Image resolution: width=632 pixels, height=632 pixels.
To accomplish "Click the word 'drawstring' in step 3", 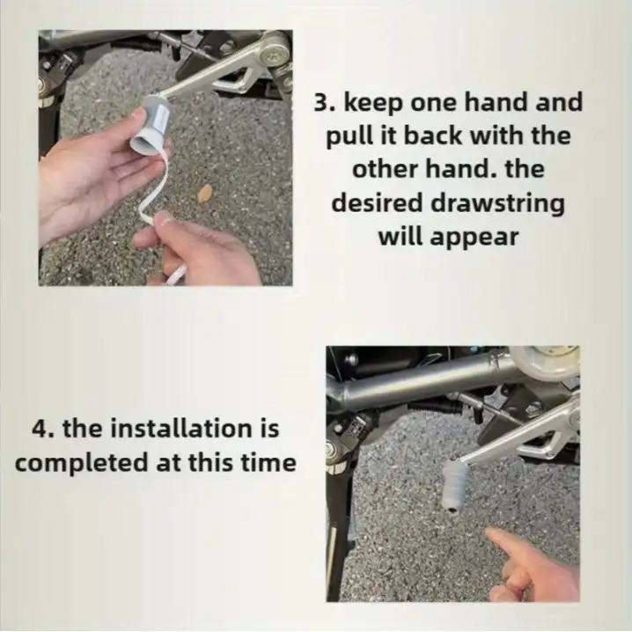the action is tap(497, 204).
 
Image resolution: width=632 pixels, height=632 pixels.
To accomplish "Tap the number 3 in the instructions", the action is tap(320, 103).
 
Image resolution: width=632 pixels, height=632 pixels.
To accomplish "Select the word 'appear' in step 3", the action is tap(474, 238).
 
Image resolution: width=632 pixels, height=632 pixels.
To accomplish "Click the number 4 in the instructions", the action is tap(40, 428).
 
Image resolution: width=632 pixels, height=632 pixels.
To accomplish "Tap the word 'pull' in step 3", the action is tap(350, 137).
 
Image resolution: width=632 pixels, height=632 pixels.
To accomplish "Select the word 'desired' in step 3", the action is tap(378, 203).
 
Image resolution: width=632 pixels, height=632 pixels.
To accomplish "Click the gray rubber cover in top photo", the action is tap(152, 124).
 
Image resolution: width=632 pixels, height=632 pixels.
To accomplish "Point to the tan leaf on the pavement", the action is tap(205, 192).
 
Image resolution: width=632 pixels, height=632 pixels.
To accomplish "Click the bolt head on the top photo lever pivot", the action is tap(276, 55).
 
